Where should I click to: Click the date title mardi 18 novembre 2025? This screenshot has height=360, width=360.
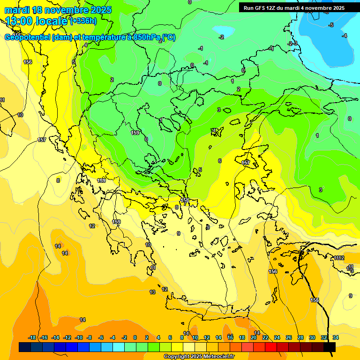point(58,10)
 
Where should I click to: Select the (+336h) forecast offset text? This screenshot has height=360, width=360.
point(83,21)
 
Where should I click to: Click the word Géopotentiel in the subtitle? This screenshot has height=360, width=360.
point(28,37)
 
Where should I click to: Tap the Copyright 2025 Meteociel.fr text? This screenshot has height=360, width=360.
point(199,356)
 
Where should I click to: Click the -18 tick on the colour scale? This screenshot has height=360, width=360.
point(32,337)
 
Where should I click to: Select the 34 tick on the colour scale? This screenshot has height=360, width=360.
point(336,337)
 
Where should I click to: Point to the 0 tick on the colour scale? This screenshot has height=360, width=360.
point(135,337)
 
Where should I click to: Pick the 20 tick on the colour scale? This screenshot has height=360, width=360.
point(254,337)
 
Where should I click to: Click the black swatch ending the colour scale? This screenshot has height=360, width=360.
point(330,347)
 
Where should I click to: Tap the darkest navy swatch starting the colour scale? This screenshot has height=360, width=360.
point(25,347)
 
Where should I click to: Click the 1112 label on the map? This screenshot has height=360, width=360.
point(339,258)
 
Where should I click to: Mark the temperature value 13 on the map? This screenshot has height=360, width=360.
point(152,292)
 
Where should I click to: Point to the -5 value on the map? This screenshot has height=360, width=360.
point(331,25)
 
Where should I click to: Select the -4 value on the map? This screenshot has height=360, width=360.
point(345,36)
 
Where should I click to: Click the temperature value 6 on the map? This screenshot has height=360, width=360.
point(219,161)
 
